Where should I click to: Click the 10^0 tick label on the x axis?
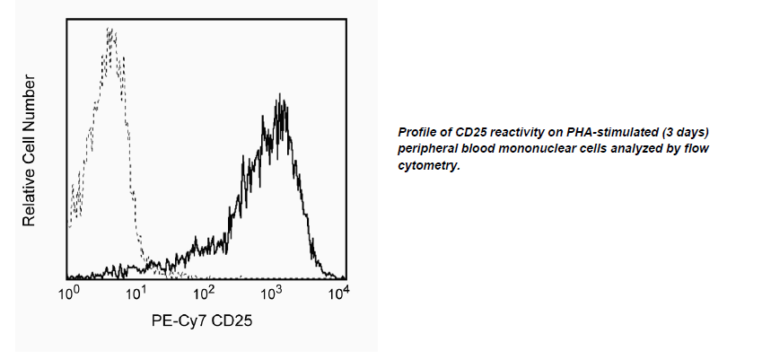point(69,292)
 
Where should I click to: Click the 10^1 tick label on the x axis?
point(136,292)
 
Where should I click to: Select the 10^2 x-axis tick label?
point(205,292)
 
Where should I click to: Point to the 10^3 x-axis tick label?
point(272,292)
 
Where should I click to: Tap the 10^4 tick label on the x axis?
point(337,292)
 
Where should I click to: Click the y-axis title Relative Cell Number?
point(29,151)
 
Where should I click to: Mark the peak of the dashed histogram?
point(109,31)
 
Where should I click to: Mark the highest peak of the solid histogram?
point(282,94)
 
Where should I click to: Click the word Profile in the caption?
point(417,133)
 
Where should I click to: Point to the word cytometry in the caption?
point(430,165)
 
